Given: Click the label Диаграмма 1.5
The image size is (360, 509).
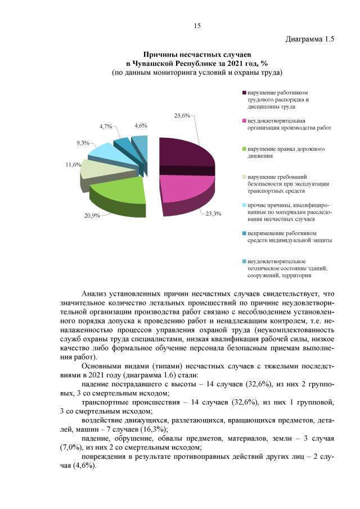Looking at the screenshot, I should click(310, 39).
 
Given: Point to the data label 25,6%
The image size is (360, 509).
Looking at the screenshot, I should click(181, 115).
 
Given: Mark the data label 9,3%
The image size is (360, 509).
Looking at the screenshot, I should click(83, 143).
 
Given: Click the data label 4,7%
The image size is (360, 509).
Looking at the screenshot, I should click(106, 127).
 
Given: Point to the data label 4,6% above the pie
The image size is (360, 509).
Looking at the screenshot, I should click(141, 126).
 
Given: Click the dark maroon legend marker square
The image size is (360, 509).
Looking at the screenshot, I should click(244, 93).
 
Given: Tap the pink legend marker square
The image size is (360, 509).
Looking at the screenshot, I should click(244, 121).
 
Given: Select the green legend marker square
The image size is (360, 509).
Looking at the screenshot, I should click(244, 149).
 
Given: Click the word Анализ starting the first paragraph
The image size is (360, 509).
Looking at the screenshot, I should click(94, 293).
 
